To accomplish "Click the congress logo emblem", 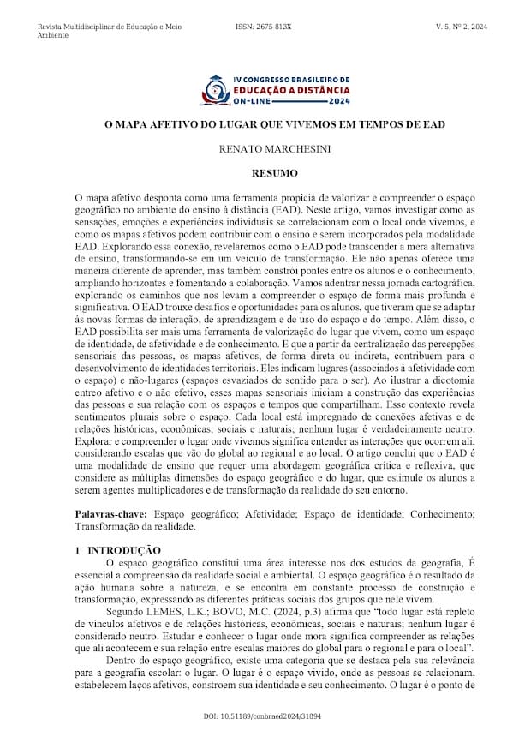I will (x=213, y=89).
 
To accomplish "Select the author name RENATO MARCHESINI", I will (x=262, y=149).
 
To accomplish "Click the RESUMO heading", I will (x=262, y=173).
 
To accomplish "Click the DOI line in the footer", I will (x=262, y=715).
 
